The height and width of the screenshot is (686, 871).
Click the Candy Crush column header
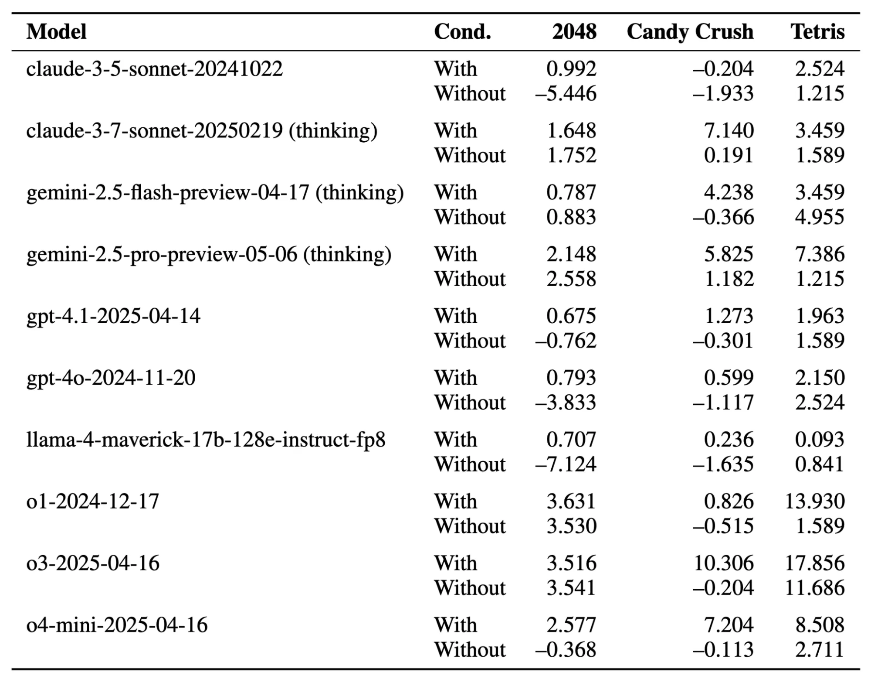click(690, 32)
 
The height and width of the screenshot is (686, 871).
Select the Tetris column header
click(817, 32)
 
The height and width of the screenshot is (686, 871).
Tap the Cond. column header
click(462, 32)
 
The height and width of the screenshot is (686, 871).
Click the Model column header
click(56, 32)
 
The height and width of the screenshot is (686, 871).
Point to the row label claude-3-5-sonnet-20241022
click(154, 69)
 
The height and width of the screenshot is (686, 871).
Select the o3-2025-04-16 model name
click(93, 563)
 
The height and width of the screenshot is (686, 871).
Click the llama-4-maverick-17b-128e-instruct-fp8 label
click(206, 440)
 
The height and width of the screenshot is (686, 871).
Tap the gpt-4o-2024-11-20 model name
click(111, 378)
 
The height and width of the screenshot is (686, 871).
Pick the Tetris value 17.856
click(814, 563)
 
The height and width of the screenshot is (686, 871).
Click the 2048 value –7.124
click(566, 464)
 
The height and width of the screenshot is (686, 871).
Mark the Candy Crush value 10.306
click(723, 563)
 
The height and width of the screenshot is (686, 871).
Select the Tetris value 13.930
click(814, 501)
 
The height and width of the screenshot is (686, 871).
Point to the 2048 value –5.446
click(566, 94)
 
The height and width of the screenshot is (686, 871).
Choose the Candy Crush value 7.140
click(729, 131)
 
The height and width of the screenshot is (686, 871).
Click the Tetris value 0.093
click(819, 440)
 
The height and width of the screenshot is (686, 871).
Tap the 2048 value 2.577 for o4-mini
click(571, 625)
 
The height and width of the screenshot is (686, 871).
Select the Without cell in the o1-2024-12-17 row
click(470, 526)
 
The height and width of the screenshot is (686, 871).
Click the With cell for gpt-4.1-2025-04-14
click(455, 316)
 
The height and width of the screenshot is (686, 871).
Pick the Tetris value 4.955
click(819, 217)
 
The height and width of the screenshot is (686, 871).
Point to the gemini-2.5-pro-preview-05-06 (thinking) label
click(209, 255)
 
